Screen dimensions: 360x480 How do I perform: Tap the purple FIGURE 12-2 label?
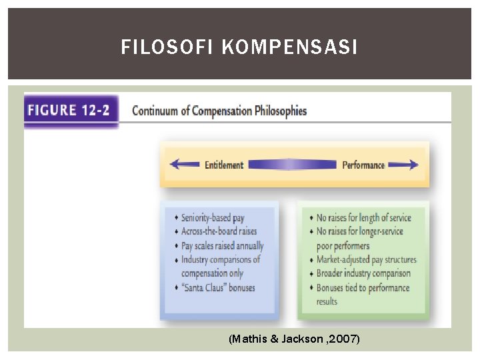(70, 110)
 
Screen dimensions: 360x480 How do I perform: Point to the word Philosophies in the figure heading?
(281, 111)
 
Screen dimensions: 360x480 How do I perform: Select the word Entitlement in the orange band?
(223, 165)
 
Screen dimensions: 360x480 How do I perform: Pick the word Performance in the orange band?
(363, 165)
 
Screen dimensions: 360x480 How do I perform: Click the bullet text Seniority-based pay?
(213, 218)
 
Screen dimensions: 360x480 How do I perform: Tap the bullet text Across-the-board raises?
(219, 231)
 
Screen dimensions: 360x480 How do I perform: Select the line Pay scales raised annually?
(223, 245)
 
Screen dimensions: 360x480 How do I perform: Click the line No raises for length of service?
(364, 218)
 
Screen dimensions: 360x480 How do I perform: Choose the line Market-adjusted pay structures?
(366, 260)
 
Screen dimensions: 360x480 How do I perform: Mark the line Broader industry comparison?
(363, 274)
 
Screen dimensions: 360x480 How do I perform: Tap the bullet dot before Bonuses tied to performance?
(311, 288)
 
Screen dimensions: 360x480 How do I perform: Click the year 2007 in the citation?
(347, 339)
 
